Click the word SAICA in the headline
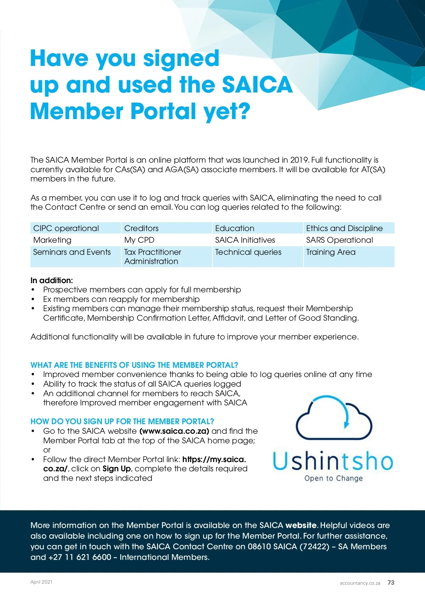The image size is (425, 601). tap(257, 85)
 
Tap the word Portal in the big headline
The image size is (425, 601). tap(163, 111)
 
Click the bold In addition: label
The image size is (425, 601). tap(52, 280)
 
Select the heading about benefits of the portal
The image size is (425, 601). tap(134, 365)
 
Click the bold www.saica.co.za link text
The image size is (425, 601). tap(174, 431)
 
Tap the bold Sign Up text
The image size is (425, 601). tap(117, 468)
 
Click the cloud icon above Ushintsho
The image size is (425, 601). tap(333, 419)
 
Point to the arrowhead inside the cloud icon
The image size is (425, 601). tap(347, 423)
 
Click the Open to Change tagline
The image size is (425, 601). tap(334, 478)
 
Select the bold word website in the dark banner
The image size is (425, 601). tap(301, 525)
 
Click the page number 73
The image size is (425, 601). tap(391, 583)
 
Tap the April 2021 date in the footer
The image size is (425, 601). tap(41, 582)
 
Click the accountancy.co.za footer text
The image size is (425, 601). tap(360, 583)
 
